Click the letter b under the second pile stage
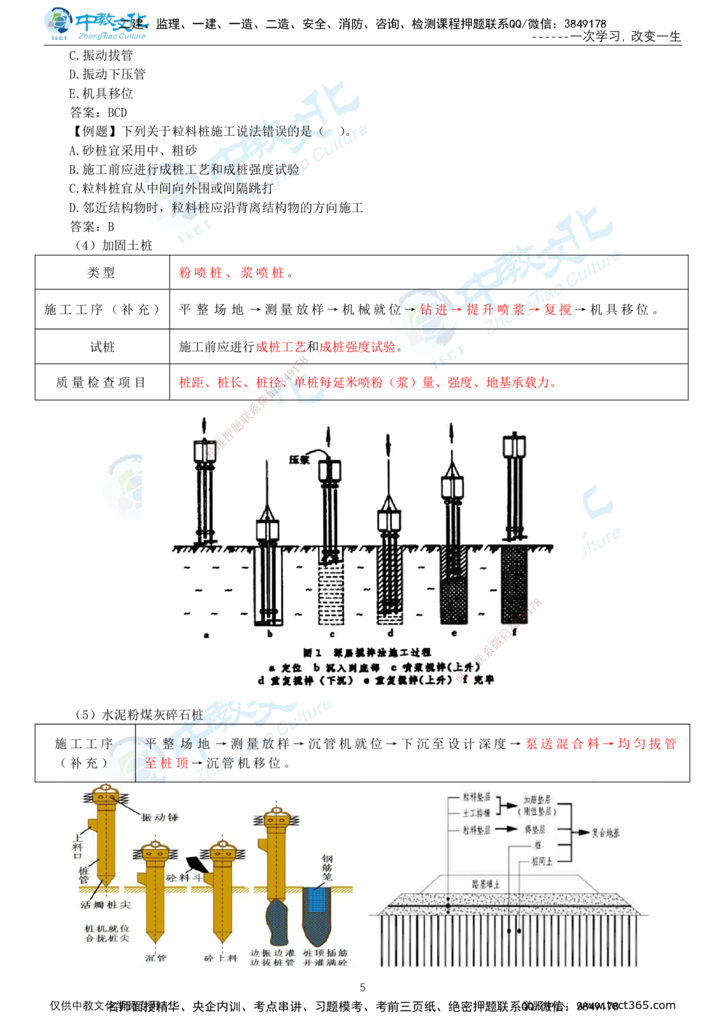270,634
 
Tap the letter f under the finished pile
514,633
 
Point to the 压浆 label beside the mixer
299,459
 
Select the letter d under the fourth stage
390,634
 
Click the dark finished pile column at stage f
514,585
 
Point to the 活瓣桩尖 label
106,906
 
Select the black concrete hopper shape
196,864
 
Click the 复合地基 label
605,833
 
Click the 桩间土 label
541,861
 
